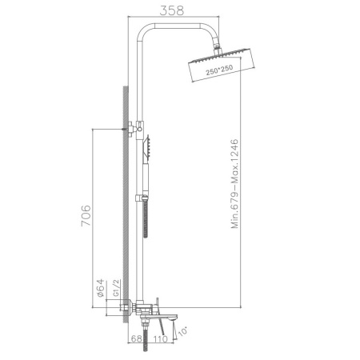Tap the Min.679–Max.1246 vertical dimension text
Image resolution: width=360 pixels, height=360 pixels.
[236, 180]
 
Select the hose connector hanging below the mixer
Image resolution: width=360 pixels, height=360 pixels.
[145, 324]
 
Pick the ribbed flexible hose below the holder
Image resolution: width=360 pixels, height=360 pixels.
[146, 220]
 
